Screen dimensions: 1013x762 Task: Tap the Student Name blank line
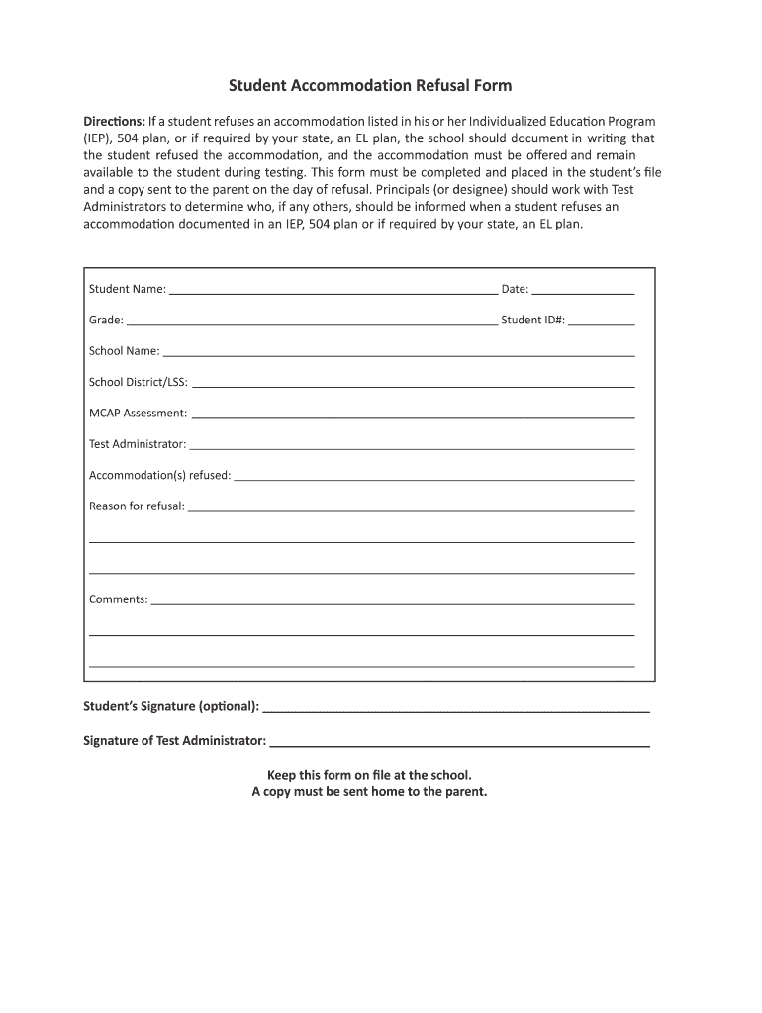coord(333,292)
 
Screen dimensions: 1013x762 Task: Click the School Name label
coord(124,351)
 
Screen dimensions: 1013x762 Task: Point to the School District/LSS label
coord(139,382)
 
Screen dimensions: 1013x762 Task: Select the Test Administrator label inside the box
coord(138,444)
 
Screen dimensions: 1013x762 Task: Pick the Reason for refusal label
coord(137,506)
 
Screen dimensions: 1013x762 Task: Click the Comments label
coord(118,599)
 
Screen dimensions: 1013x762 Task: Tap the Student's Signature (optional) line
coord(457,710)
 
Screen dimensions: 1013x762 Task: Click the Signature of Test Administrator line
coord(459,744)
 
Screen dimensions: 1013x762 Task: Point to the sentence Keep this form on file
coord(369,775)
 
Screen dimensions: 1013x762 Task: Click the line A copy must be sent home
coord(369,792)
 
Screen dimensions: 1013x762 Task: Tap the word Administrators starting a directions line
coord(127,207)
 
